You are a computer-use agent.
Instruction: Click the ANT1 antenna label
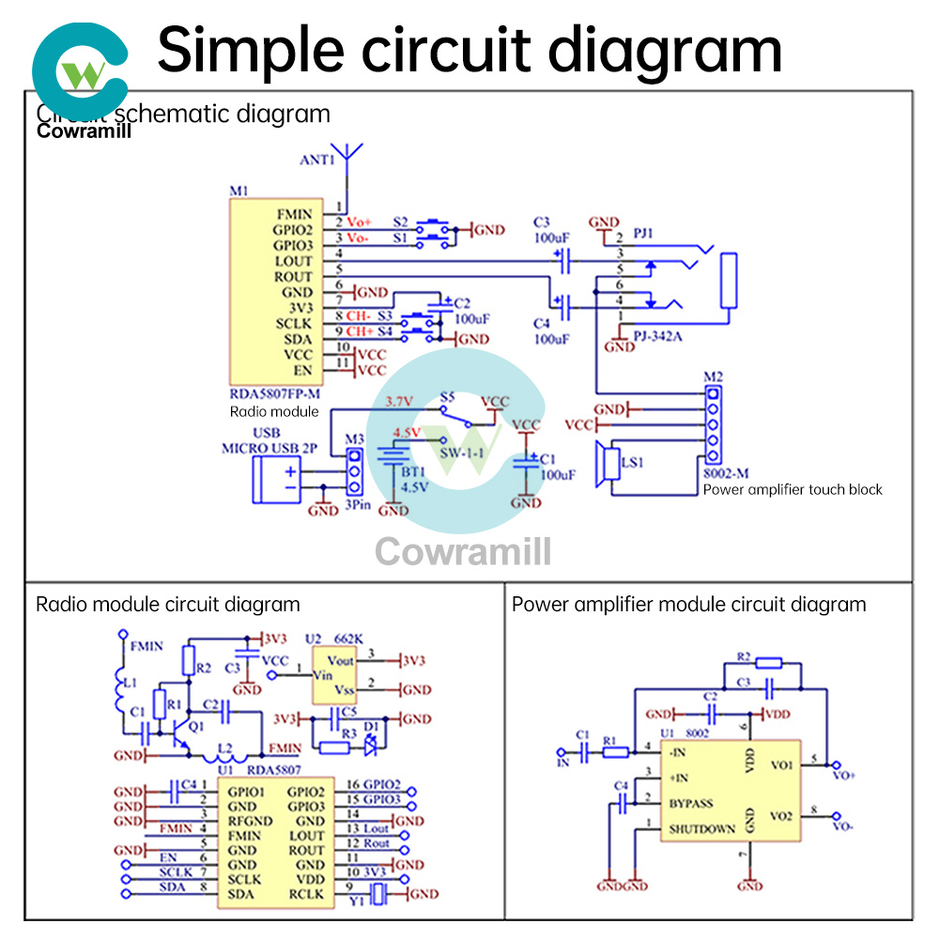317,160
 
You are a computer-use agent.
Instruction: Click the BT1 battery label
414,471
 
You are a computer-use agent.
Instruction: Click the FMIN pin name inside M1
293,213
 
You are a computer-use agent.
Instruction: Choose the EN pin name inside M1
301,371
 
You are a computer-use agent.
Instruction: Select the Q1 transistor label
195,726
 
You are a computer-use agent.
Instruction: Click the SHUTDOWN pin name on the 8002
701,829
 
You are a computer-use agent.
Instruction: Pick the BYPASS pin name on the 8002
690,803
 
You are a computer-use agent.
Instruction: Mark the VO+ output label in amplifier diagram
843,776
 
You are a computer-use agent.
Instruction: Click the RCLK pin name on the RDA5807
306,894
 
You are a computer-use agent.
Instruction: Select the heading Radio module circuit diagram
168,605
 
